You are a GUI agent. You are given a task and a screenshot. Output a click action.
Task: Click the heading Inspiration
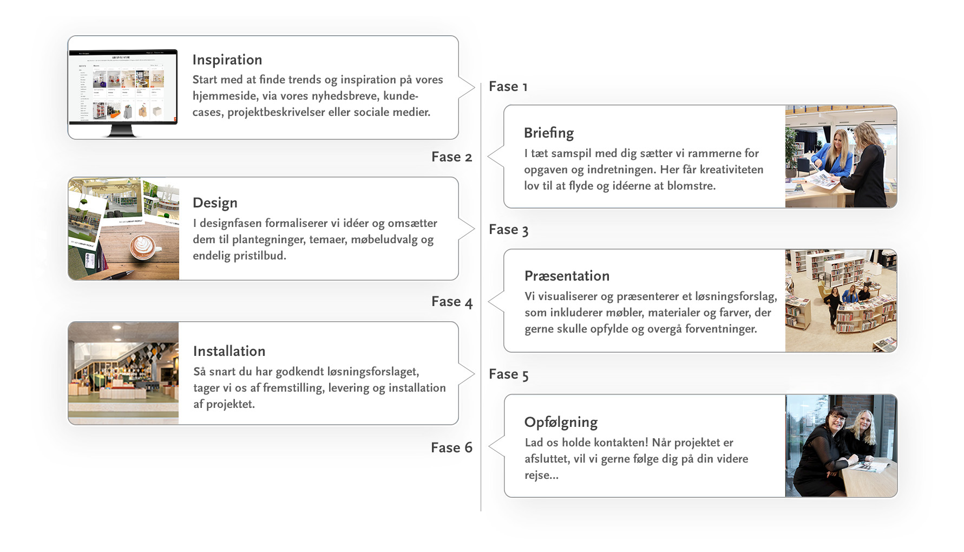tap(227, 60)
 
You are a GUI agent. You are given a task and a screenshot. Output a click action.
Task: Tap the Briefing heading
tap(549, 133)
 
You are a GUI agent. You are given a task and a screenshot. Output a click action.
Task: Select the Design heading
tap(215, 203)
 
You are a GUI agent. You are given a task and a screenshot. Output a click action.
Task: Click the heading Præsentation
tap(567, 276)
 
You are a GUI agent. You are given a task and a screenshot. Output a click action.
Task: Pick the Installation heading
tap(229, 351)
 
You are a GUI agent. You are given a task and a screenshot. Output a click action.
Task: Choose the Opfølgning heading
tap(561, 423)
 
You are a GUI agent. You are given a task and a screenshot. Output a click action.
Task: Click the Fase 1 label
tap(508, 87)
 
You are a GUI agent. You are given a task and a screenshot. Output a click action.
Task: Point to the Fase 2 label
tap(451, 157)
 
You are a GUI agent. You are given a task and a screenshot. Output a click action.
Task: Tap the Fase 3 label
tap(508, 230)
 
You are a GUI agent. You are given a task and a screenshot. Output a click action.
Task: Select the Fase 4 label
tap(452, 302)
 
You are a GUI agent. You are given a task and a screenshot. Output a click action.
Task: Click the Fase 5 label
tap(508, 374)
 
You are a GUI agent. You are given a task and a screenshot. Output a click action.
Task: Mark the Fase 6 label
tap(451, 447)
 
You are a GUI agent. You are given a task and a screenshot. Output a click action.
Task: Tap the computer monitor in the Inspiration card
tap(123, 93)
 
